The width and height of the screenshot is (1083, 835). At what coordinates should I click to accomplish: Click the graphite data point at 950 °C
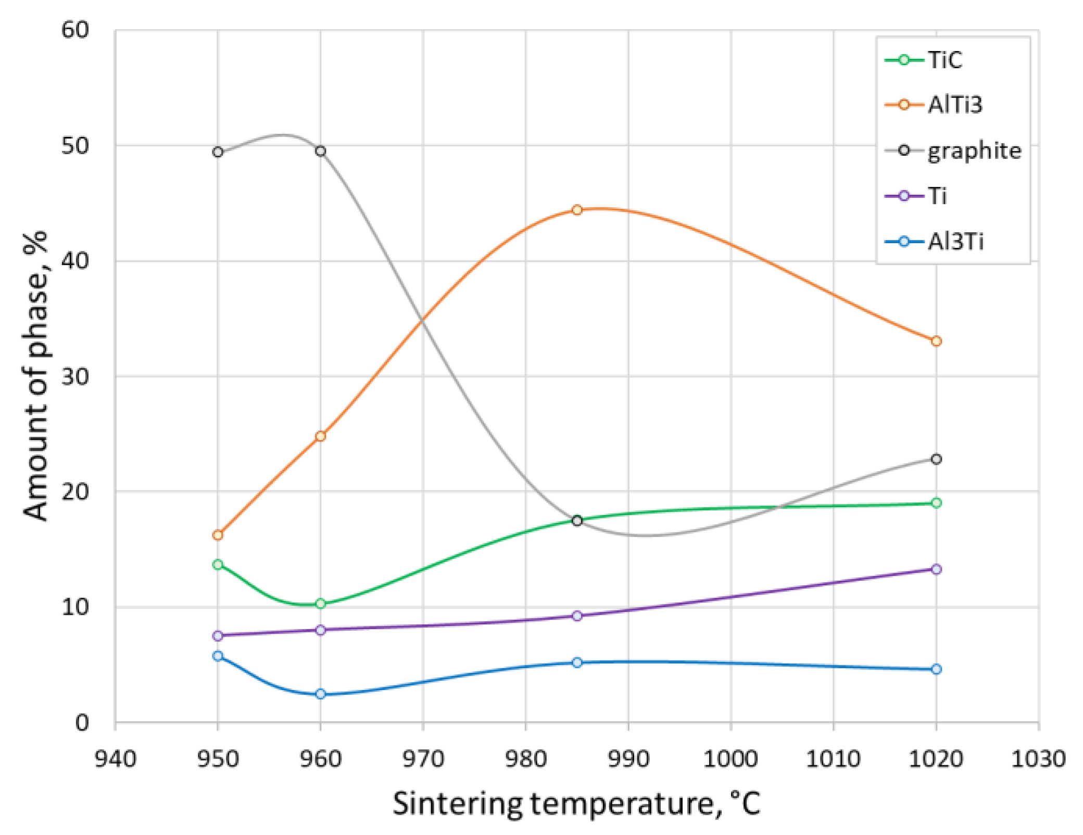coord(218,152)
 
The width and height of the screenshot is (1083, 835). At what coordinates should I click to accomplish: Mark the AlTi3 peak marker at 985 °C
coord(577,210)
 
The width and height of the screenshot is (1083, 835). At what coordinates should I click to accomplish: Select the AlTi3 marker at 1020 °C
coord(936,341)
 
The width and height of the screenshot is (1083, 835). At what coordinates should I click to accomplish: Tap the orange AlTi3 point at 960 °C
coord(320,436)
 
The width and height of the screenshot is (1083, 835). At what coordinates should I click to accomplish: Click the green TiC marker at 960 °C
coord(320,603)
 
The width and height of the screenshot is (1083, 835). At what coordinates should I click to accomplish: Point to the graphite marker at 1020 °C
coord(936,459)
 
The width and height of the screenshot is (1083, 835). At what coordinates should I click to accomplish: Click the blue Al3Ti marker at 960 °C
coord(320,694)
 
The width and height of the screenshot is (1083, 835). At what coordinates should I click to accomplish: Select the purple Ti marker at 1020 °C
coord(936,569)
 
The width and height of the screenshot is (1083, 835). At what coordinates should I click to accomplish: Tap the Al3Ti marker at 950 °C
coord(218,656)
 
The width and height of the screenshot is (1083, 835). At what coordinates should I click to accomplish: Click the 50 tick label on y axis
coord(75,146)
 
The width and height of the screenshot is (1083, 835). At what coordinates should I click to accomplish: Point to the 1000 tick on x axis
coord(731,759)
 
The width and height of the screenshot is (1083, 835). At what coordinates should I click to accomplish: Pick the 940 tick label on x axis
coord(115,759)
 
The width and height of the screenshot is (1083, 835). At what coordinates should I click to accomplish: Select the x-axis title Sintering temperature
coord(576,803)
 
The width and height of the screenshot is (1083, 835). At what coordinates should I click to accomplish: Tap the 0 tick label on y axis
coord(82,723)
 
